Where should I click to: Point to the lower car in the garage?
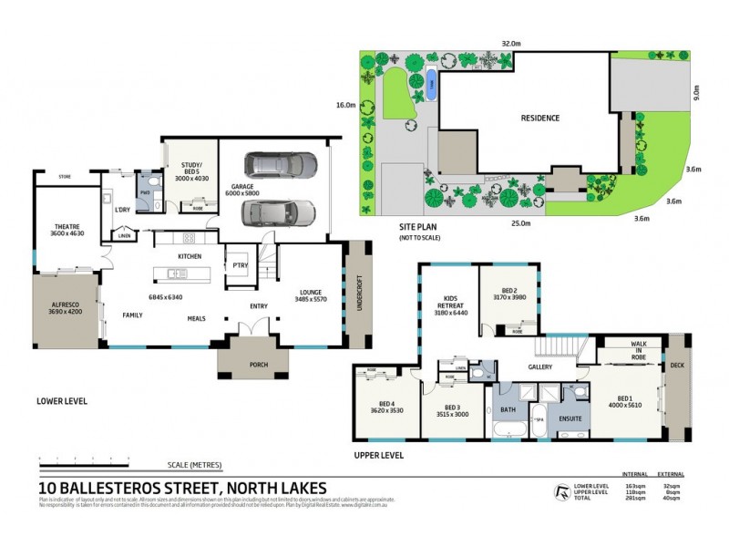279,212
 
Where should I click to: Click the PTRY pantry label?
241,265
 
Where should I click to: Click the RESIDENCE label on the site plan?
539,119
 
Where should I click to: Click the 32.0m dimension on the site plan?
510,43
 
